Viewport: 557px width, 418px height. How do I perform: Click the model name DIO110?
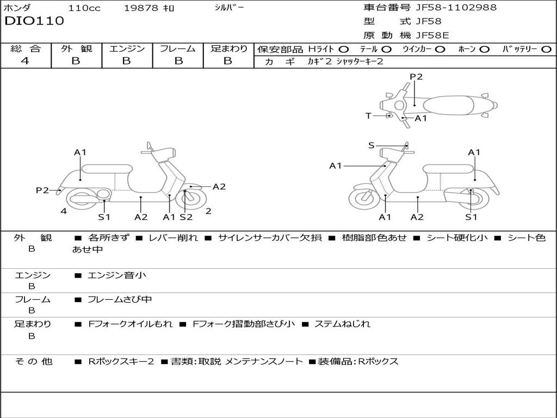(34, 21)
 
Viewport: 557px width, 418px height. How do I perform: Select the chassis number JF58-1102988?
(456, 8)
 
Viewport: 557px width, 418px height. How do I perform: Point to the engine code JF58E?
(432, 35)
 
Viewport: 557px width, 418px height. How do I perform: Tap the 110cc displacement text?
(85, 8)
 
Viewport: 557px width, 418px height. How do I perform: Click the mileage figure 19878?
(141, 8)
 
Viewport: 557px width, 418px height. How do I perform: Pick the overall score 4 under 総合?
(25, 61)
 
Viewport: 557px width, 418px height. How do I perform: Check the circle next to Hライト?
(344, 49)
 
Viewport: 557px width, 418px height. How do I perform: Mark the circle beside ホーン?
(485, 49)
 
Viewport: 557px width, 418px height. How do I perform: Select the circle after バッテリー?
(547, 49)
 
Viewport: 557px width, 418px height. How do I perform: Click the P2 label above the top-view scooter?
(416, 77)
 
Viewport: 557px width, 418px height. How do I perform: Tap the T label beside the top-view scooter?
(368, 116)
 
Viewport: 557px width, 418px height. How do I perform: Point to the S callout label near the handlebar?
(371, 145)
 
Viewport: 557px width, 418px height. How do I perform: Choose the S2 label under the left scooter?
(186, 217)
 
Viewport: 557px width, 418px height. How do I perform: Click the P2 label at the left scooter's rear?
(42, 190)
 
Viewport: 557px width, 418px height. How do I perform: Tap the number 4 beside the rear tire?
(64, 211)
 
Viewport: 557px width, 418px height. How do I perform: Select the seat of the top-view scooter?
(449, 104)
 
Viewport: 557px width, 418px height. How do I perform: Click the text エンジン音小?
(117, 275)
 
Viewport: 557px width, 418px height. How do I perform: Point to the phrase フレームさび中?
(120, 299)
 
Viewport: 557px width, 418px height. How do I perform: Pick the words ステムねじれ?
(342, 324)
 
